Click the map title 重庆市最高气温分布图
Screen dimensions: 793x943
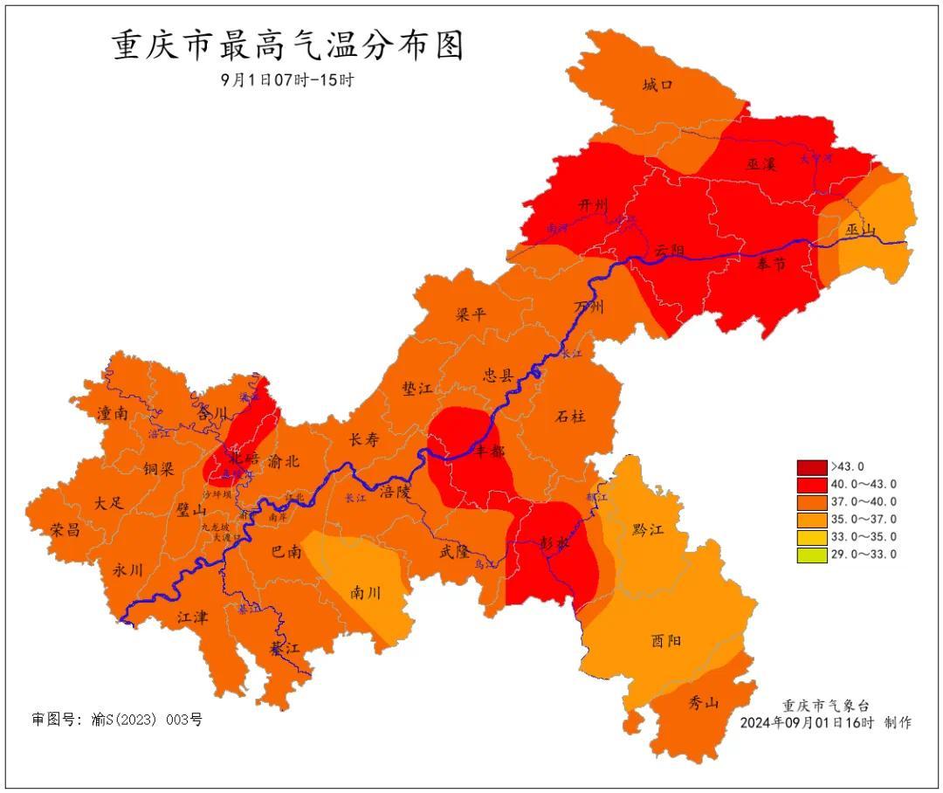click(288, 45)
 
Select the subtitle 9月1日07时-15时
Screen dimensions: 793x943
click(287, 79)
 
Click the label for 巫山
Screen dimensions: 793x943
click(860, 231)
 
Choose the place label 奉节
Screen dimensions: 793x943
click(771, 264)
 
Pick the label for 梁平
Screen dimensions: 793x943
click(471, 315)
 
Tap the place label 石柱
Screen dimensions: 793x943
click(570, 417)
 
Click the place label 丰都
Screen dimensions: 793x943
click(489, 451)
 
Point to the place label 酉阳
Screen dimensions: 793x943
click(666, 640)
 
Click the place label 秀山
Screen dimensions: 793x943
click(703, 702)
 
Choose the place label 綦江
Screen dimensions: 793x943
click(285, 649)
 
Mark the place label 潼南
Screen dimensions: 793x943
click(113, 413)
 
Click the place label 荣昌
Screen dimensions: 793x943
click(65, 530)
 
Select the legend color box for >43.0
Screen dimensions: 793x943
click(811, 467)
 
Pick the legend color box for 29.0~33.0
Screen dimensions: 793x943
click(811, 555)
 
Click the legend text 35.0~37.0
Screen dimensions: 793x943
click(864, 520)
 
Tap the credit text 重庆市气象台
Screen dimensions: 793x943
click(825, 706)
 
